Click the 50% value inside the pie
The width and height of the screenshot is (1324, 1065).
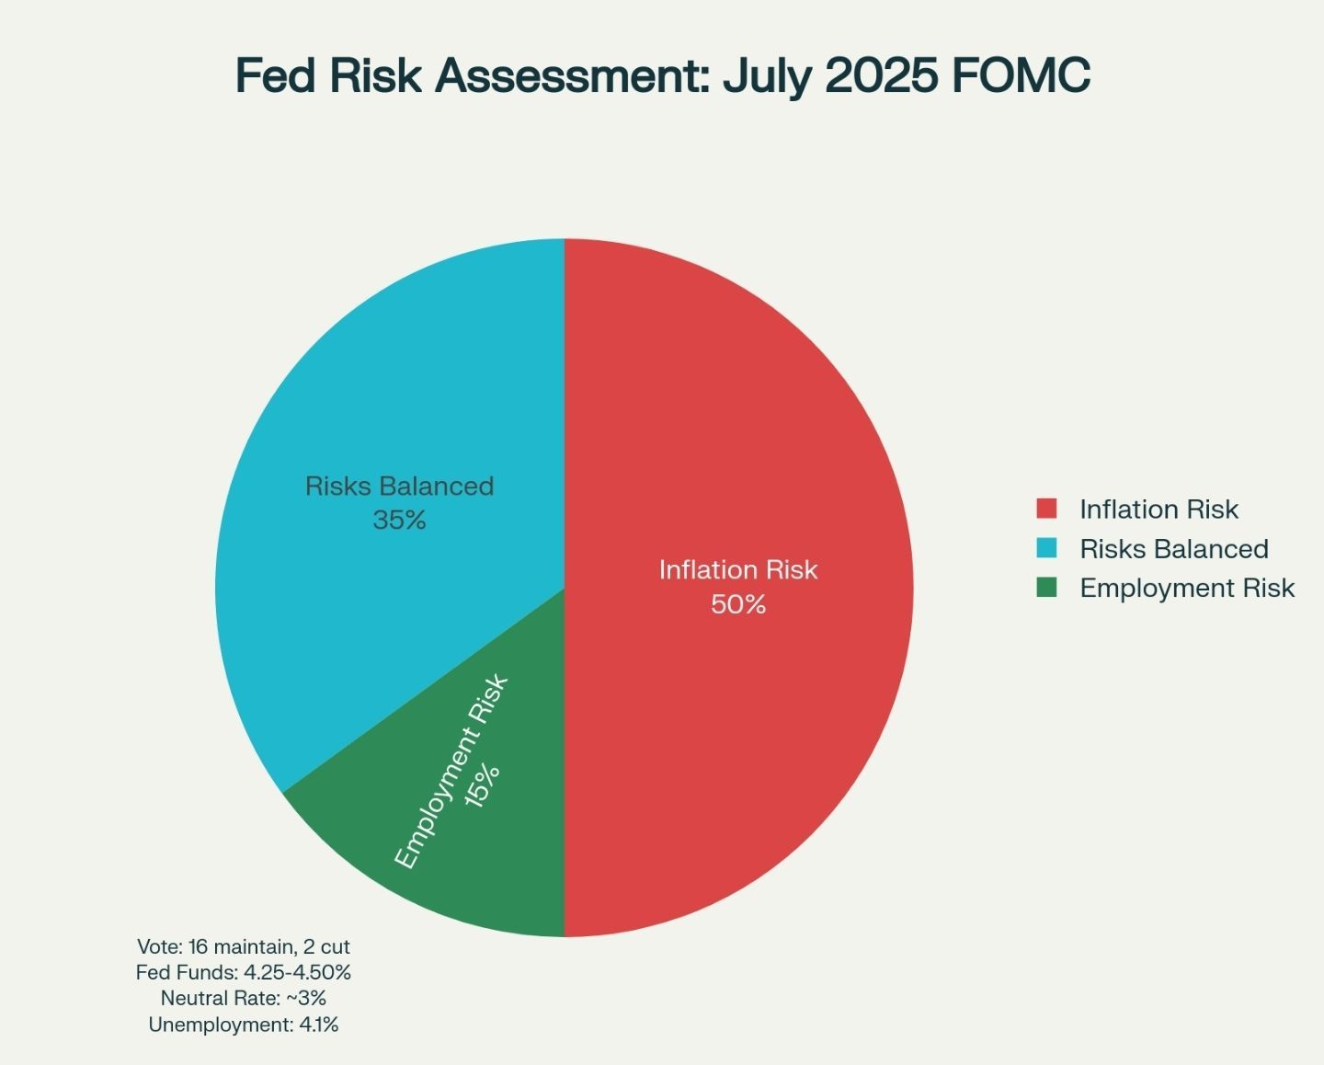(738, 604)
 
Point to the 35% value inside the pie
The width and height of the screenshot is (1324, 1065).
(400, 521)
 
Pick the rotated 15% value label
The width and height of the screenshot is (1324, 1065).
(483, 786)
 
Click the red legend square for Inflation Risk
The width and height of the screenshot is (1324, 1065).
(1046, 509)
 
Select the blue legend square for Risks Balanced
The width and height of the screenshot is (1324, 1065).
(1046, 548)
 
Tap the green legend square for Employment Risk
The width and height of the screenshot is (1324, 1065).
(1046, 588)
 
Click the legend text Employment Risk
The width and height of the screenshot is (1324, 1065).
(1187, 588)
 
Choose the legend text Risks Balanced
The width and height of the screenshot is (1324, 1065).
(1174, 549)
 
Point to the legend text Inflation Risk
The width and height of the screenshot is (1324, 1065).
(1158, 510)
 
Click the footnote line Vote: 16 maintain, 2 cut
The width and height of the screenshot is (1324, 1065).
(244, 946)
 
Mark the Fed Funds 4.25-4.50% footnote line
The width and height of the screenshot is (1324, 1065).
(244, 972)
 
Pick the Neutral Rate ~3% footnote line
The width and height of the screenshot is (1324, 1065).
(244, 998)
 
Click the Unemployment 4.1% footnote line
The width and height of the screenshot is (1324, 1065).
(244, 1025)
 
